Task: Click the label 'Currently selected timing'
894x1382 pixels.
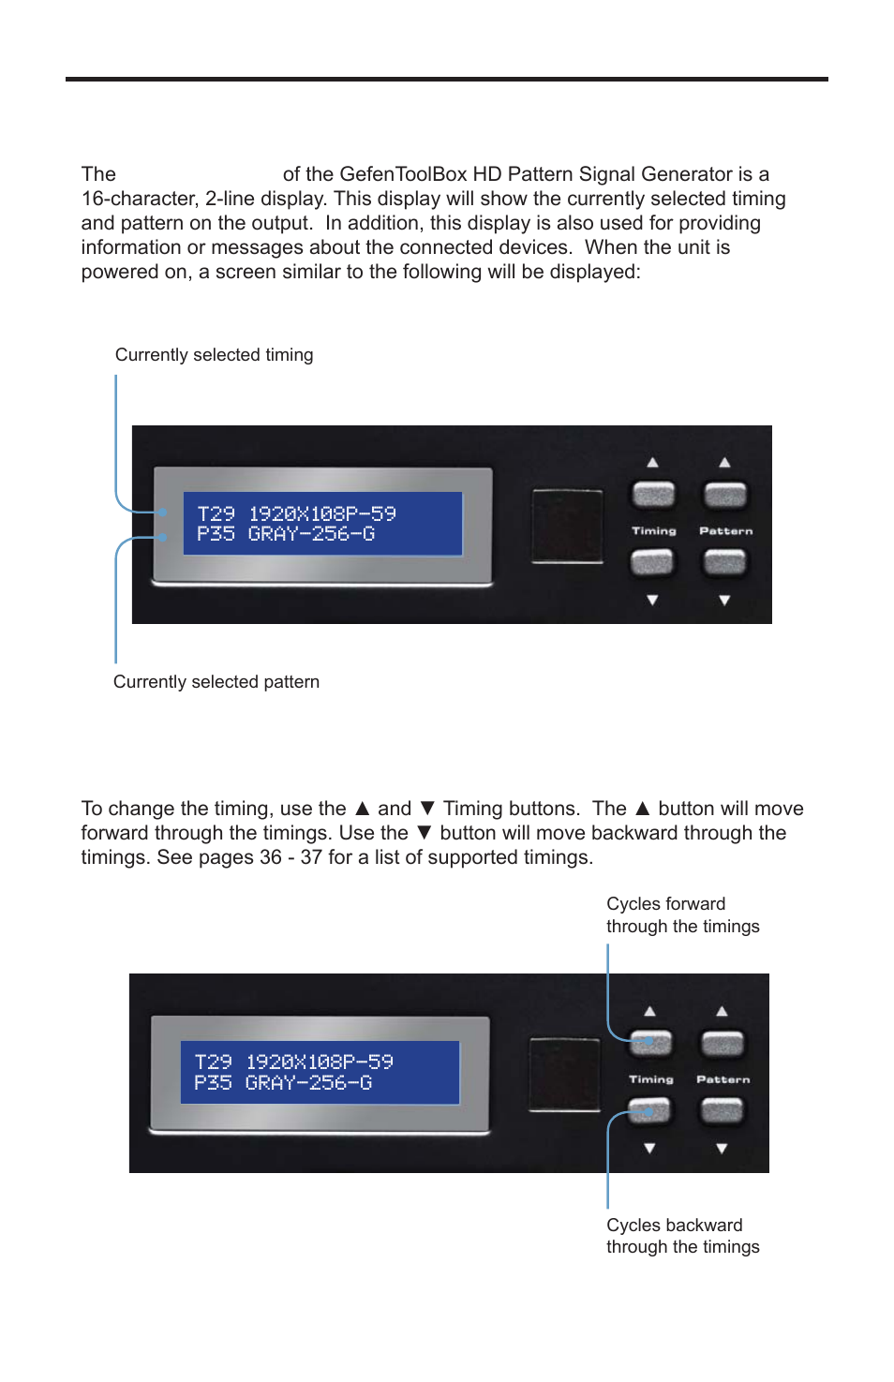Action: [214, 355]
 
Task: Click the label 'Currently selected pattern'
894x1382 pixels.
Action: [216, 682]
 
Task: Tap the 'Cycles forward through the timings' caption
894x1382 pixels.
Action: [682, 915]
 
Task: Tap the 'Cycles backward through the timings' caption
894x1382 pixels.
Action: [682, 1236]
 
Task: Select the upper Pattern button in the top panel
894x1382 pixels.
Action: [725, 494]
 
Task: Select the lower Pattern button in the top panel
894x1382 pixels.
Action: [725, 562]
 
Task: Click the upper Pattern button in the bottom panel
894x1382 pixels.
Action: [723, 1043]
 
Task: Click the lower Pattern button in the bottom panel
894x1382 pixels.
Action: [723, 1110]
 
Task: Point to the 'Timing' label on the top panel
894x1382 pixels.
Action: [653, 531]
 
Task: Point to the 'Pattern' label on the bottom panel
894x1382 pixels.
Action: [723, 1079]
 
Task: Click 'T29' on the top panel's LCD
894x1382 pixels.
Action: [216, 513]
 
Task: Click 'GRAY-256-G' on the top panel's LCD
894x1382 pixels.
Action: [311, 534]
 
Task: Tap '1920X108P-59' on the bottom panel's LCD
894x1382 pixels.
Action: [320, 1062]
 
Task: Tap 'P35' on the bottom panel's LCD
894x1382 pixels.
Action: [213, 1082]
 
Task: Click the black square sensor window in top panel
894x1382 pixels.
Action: [566, 526]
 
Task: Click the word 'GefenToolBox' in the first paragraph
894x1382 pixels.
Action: [403, 174]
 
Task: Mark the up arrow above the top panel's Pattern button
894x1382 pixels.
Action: [724, 463]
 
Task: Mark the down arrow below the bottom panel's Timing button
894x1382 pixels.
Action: [649, 1149]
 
